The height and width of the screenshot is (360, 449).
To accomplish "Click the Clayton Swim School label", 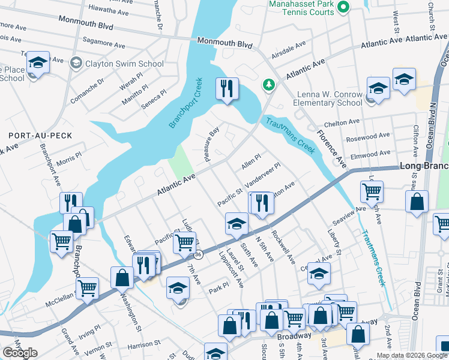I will point(125,64).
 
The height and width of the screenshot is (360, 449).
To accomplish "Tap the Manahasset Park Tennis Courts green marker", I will point(343,7).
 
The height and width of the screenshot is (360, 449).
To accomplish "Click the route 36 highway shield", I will point(198,255).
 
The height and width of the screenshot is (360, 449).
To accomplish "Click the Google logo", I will point(20,353).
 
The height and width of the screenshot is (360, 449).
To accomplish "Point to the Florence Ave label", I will point(332,149).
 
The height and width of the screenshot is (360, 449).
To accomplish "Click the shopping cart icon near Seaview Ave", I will point(372,192).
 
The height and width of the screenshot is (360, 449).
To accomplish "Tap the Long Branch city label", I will point(426,165).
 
